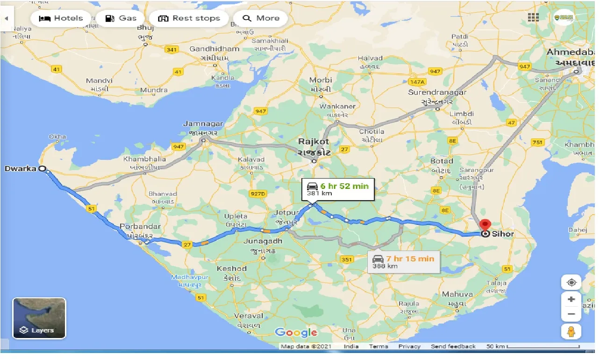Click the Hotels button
61,19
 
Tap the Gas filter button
121,19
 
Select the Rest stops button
189,19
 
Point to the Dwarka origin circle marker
42,169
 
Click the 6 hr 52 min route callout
337,189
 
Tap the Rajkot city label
314,142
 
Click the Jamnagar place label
203,124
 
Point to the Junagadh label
263,241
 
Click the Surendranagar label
437,93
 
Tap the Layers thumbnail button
39,318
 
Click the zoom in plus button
571,299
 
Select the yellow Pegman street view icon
571,331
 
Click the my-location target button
571,282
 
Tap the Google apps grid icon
533,18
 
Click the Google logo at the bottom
296,332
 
